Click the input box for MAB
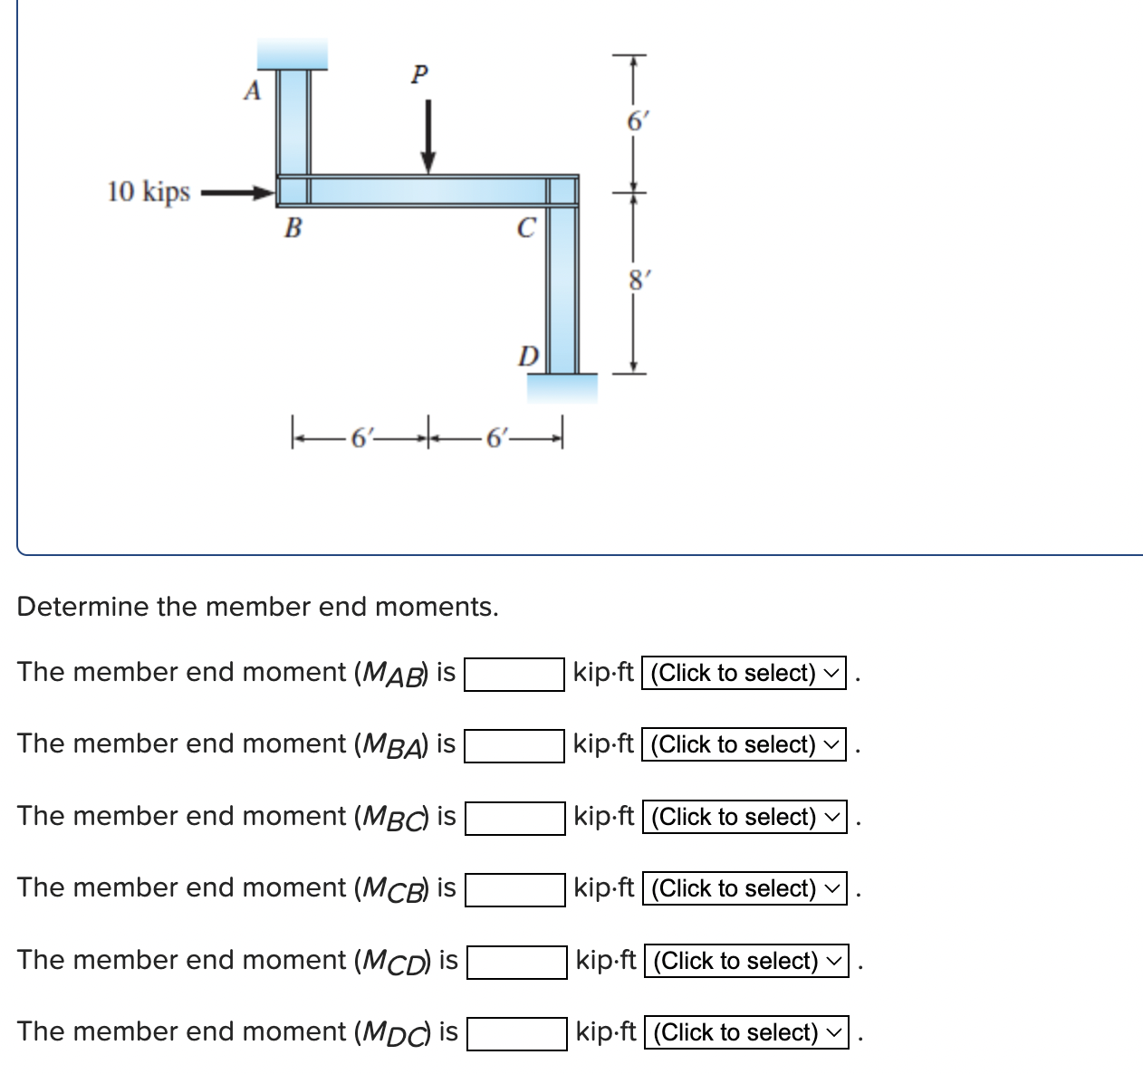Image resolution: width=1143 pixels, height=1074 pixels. click(x=514, y=674)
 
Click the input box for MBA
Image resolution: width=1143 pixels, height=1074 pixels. click(x=514, y=745)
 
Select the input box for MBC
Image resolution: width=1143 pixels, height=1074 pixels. click(x=514, y=818)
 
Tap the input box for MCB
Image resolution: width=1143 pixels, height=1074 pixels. click(x=514, y=889)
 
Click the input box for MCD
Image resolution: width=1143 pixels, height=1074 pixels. click(x=516, y=962)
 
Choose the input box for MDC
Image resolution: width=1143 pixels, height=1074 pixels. click(x=516, y=1033)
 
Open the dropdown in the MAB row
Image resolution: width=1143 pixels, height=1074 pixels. click(x=744, y=674)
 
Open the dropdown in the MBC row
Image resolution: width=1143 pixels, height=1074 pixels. click(x=744, y=818)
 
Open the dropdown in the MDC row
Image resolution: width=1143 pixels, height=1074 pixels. click(x=745, y=1033)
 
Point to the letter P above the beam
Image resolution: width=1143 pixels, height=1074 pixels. click(x=418, y=73)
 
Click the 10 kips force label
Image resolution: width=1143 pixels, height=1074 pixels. click(x=149, y=192)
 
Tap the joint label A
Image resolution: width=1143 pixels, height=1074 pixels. click(x=253, y=91)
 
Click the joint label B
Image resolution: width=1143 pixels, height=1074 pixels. click(x=293, y=228)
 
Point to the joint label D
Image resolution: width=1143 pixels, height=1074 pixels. click(x=528, y=355)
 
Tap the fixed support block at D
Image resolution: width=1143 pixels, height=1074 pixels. click(x=562, y=388)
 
